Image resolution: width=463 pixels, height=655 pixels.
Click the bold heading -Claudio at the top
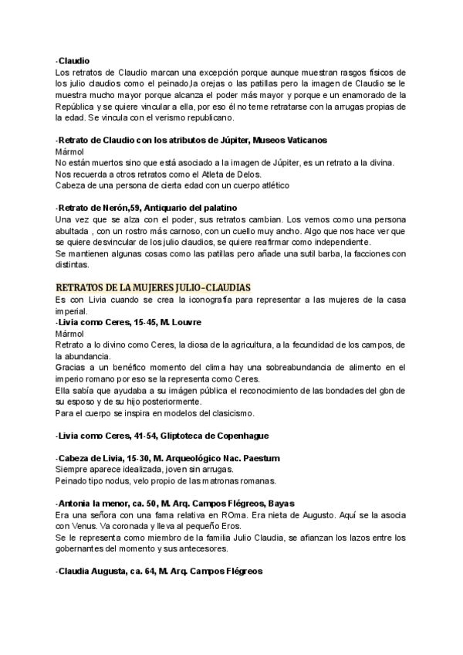click(x=73, y=59)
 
